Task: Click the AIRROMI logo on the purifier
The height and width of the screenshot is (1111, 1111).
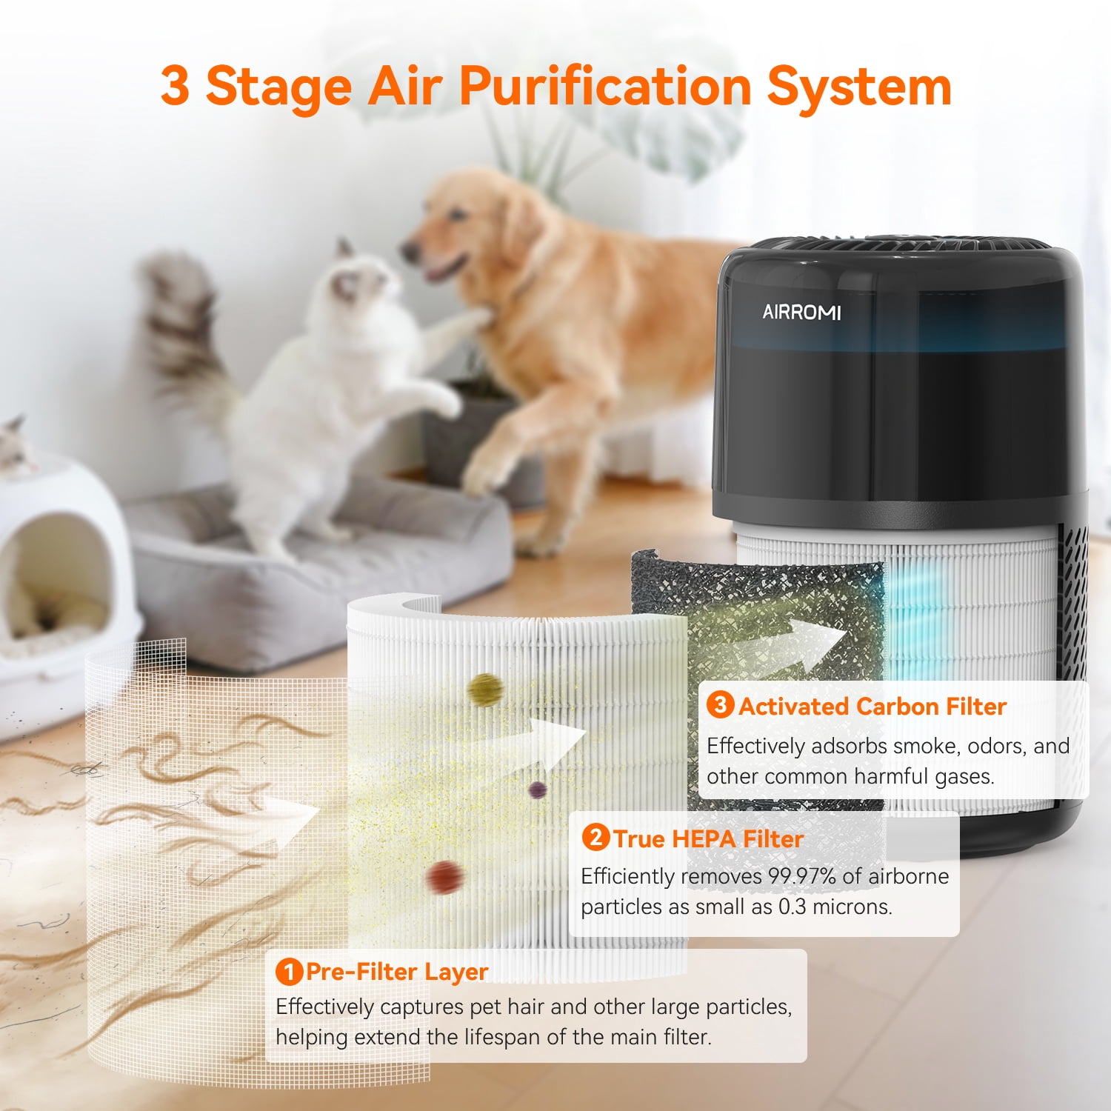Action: click(801, 312)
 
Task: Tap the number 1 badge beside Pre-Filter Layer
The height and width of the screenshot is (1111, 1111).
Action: click(289, 972)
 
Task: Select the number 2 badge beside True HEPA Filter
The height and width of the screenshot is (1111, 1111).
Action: click(595, 838)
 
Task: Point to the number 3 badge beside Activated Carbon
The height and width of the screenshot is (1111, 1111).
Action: click(720, 704)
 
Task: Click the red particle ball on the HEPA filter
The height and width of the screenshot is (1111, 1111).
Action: click(444, 877)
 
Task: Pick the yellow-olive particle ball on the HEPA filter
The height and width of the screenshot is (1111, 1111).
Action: click(485, 690)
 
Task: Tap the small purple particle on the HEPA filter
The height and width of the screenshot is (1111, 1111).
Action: click(538, 790)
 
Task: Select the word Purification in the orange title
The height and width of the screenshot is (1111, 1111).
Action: click(605, 87)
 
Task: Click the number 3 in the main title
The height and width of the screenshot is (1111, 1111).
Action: click(175, 84)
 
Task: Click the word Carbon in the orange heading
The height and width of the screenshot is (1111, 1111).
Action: click(898, 706)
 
